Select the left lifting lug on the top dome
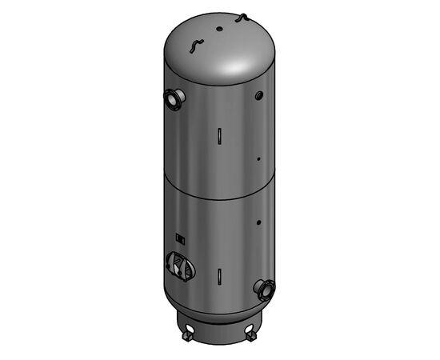click(192, 46)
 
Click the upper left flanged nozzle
click(174, 98)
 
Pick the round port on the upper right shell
click(259, 96)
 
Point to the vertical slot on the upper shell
click(218, 135)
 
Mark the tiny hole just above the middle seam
click(258, 158)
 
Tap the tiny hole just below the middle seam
click(259, 219)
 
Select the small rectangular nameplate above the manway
click(180, 238)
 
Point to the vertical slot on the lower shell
click(218, 275)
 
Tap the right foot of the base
click(255, 327)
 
